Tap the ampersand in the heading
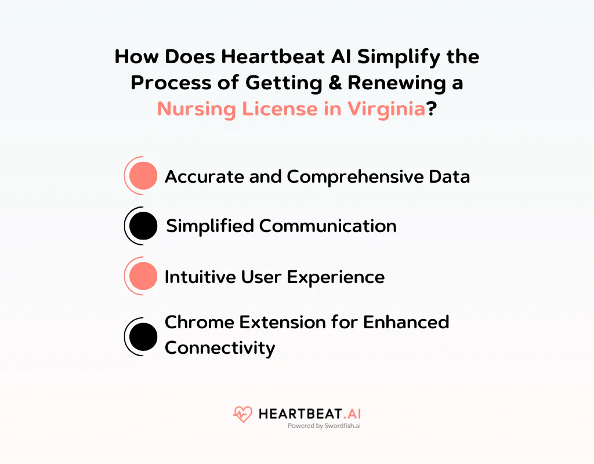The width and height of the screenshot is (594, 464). pyautogui.click(x=333, y=82)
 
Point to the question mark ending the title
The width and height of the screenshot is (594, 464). pyautogui.click(x=432, y=108)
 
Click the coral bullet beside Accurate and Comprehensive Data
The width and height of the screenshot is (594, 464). pyautogui.click(x=143, y=176)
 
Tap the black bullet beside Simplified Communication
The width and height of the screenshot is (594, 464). pyautogui.click(x=143, y=226)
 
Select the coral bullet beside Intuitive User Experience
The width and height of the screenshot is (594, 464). pyautogui.click(x=143, y=276)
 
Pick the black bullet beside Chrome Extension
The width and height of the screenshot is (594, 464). pyautogui.click(x=143, y=337)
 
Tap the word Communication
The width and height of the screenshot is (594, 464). pyautogui.click(x=328, y=226)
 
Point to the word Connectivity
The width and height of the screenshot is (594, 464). pyautogui.click(x=219, y=348)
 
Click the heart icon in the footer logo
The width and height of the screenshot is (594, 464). pyautogui.click(x=242, y=414)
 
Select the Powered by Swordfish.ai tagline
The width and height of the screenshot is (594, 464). pyautogui.click(x=324, y=426)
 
